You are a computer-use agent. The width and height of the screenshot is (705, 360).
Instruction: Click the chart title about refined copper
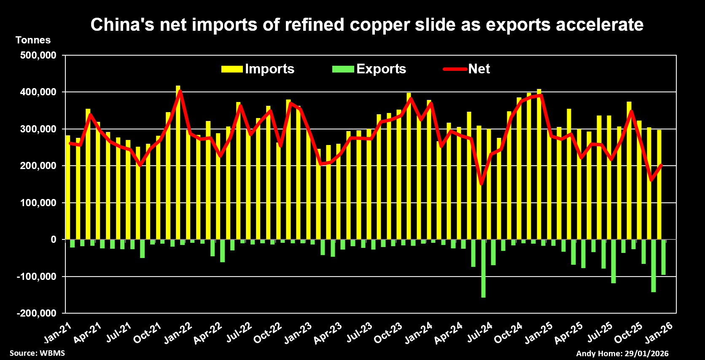(367, 24)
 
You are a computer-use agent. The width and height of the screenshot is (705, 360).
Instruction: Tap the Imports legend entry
(258, 69)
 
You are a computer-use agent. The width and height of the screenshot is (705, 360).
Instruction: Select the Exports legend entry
(369, 69)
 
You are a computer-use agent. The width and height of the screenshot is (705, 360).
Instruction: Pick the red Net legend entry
(467, 69)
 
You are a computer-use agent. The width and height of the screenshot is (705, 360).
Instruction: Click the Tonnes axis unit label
(33, 40)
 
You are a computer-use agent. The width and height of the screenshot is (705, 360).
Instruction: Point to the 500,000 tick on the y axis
(38, 55)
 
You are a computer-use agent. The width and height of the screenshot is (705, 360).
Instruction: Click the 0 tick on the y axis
(54, 239)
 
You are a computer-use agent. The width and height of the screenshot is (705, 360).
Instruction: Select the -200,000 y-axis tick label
(37, 313)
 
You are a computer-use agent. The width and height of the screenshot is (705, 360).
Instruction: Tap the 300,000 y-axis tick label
(38, 129)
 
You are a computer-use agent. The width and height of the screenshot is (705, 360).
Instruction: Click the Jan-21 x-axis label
(58, 333)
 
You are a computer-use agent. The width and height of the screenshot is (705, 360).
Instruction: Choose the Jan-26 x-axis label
(659, 333)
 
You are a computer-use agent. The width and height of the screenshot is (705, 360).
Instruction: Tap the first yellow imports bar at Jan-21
(68, 188)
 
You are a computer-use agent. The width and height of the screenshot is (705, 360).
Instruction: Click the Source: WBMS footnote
(37, 353)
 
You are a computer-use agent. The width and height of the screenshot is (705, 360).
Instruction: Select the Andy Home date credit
(622, 353)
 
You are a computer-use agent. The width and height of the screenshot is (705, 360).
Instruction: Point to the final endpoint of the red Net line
(662, 165)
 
